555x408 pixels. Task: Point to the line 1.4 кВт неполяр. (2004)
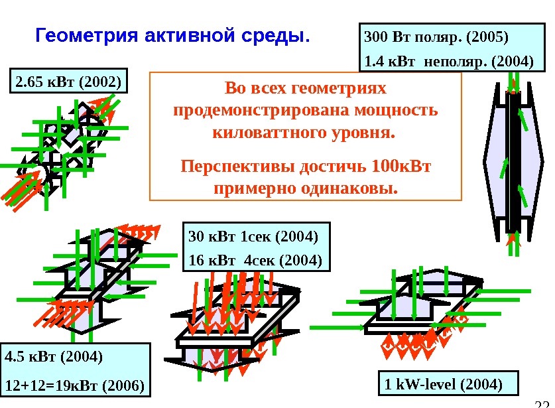[x=449, y=62]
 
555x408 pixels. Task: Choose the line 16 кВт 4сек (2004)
[x=255, y=259]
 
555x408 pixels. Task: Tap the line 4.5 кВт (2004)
[x=54, y=357]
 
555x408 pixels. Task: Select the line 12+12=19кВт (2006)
[x=74, y=385]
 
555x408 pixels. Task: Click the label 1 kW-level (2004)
[x=443, y=383]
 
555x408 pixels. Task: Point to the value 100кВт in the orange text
[x=402, y=165]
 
